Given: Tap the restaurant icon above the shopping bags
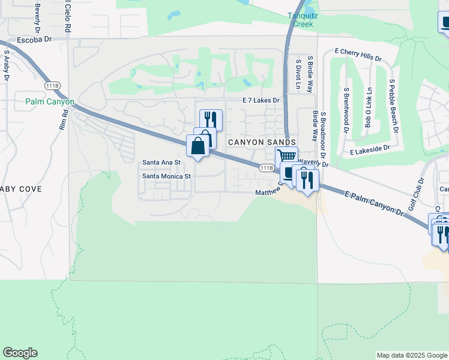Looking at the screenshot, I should coord(211,119).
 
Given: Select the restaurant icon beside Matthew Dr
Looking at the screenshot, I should coord(307,179).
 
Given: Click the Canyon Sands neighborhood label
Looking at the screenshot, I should coord(262,142).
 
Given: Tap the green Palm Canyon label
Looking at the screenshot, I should coord(50,102).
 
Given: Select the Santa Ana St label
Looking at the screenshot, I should coord(162,163).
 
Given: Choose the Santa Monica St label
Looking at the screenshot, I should coord(166,176).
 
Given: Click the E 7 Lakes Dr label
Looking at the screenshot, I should coord(261,101).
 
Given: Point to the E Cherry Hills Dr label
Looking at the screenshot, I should coord(358,55).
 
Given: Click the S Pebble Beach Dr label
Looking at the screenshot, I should coord(393,105).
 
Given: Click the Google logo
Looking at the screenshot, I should coord(20,353).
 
